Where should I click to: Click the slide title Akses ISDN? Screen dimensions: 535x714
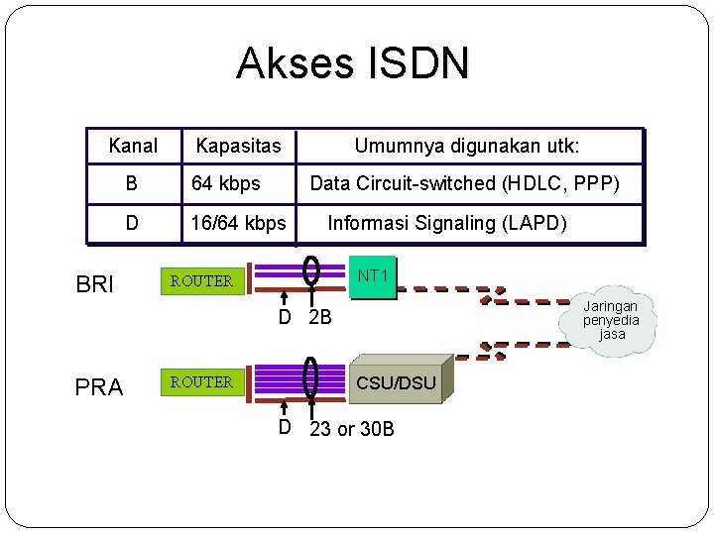(x=352, y=64)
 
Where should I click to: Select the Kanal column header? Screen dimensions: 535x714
(x=133, y=147)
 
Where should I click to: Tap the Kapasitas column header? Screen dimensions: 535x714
(x=238, y=147)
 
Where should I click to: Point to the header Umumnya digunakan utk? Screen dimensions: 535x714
(x=467, y=147)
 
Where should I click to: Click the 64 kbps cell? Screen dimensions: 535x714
(x=226, y=183)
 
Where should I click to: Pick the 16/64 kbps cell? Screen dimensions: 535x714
(x=238, y=223)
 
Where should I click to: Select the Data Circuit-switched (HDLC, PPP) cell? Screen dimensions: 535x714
(x=465, y=183)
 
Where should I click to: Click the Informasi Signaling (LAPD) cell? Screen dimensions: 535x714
(x=447, y=223)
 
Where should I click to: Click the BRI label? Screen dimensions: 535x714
(x=95, y=285)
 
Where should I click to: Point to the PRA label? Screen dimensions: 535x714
(x=99, y=387)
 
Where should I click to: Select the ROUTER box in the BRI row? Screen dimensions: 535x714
(x=201, y=281)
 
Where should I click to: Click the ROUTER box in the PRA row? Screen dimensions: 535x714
(x=201, y=381)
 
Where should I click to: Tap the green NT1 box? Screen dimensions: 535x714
(x=373, y=276)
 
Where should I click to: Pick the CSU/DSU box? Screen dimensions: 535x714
(x=396, y=381)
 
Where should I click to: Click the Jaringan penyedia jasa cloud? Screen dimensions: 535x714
(x=612, y=321)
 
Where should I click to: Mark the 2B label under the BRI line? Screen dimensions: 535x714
(x=319, y=318)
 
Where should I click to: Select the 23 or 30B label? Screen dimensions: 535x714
(x=352, y=429)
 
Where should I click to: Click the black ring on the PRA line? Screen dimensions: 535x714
(x=310, y=377)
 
